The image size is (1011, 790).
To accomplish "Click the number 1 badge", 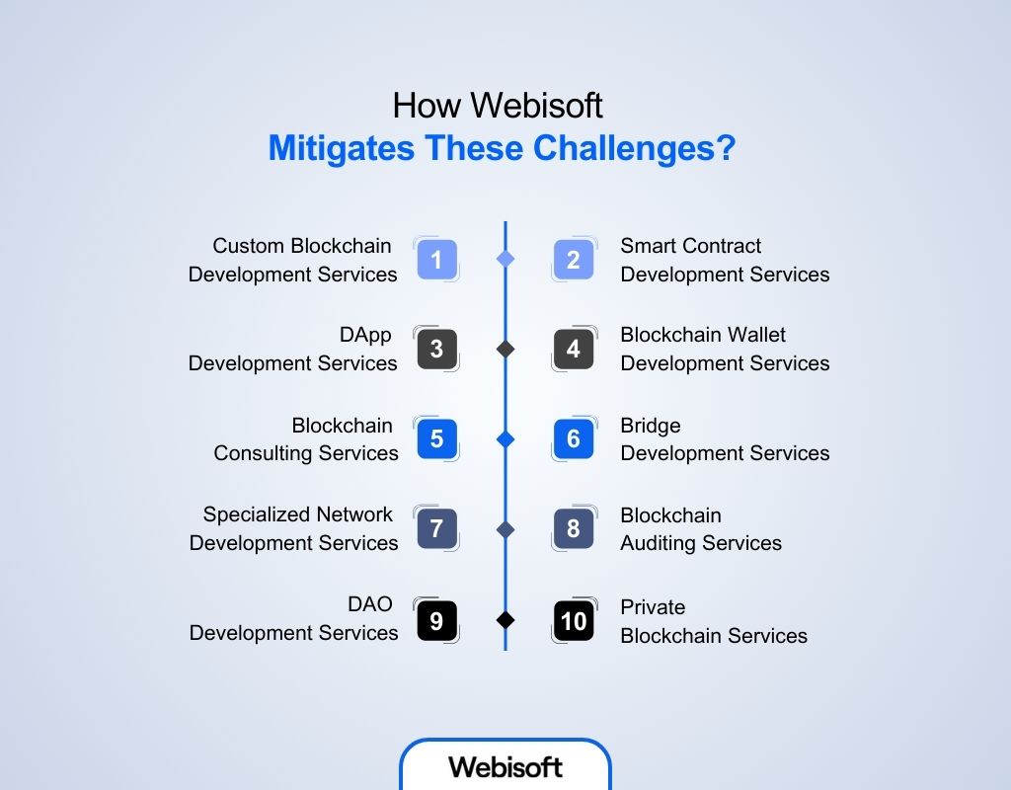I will [x=436, y=260].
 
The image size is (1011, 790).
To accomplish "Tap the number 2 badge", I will [x=574, y=260].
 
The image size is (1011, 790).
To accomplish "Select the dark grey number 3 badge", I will [x=436, y=349].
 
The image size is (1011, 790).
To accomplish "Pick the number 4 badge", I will [x=574, y=349].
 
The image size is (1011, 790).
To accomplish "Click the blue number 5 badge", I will [x=436, y=438].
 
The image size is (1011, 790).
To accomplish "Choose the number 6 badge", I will [x=574, y=438].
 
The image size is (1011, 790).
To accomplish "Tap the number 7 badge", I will [x=436, y=528].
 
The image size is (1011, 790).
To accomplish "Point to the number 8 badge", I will [x=574, y=528].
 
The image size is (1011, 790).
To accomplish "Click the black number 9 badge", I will [x=436, y=620].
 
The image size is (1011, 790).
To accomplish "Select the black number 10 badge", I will [x=574, y=620].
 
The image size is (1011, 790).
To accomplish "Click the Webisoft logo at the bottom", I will [x=505, y=766].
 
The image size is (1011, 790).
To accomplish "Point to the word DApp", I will [x=365, y=335].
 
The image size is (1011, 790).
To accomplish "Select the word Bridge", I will [x=651, y=426].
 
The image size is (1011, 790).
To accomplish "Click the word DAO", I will [x=370, y=605].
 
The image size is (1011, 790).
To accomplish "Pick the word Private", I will [x=653, y=606].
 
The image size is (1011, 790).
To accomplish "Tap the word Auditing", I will [x=667, y=543].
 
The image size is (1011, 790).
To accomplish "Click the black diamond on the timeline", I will [x=505, y=620].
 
